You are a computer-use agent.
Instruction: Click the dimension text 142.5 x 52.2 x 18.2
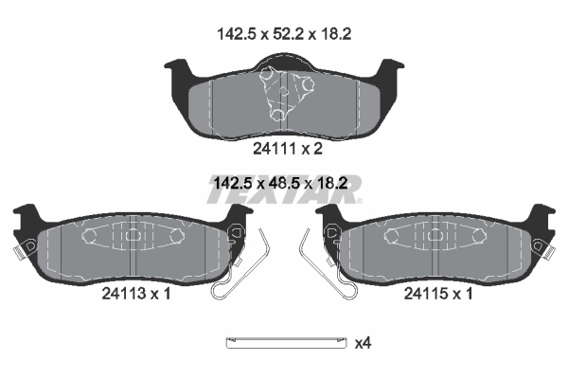(284, 34)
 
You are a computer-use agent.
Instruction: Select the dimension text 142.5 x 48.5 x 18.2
(281, 183)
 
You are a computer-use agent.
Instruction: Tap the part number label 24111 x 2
(288, 149)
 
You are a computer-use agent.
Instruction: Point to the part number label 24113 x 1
(136, 294)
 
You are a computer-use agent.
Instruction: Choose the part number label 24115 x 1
(438, 294)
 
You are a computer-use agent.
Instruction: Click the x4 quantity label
(363, 343)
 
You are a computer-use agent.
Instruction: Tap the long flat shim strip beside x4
(286, 343)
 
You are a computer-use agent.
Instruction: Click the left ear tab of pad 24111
(178, 68)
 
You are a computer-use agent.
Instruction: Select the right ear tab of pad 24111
(390, 68)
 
